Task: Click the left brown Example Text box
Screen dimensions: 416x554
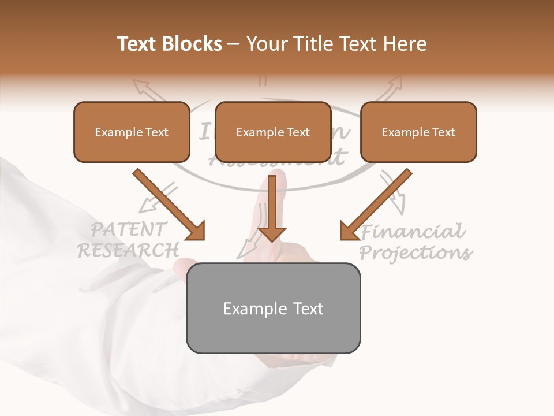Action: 132,132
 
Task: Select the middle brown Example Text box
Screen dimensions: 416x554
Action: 273,132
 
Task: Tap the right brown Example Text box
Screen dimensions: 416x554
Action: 418,132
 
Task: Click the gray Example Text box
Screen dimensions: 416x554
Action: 273,308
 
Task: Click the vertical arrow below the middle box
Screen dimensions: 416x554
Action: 272,208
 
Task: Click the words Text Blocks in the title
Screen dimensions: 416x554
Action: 170,44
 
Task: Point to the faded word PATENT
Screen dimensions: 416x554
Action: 129,229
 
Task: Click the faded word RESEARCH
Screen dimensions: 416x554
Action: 128,250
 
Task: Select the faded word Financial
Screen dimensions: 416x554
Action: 412,232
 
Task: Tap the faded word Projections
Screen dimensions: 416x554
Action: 415,253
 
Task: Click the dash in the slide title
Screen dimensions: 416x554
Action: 234,44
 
